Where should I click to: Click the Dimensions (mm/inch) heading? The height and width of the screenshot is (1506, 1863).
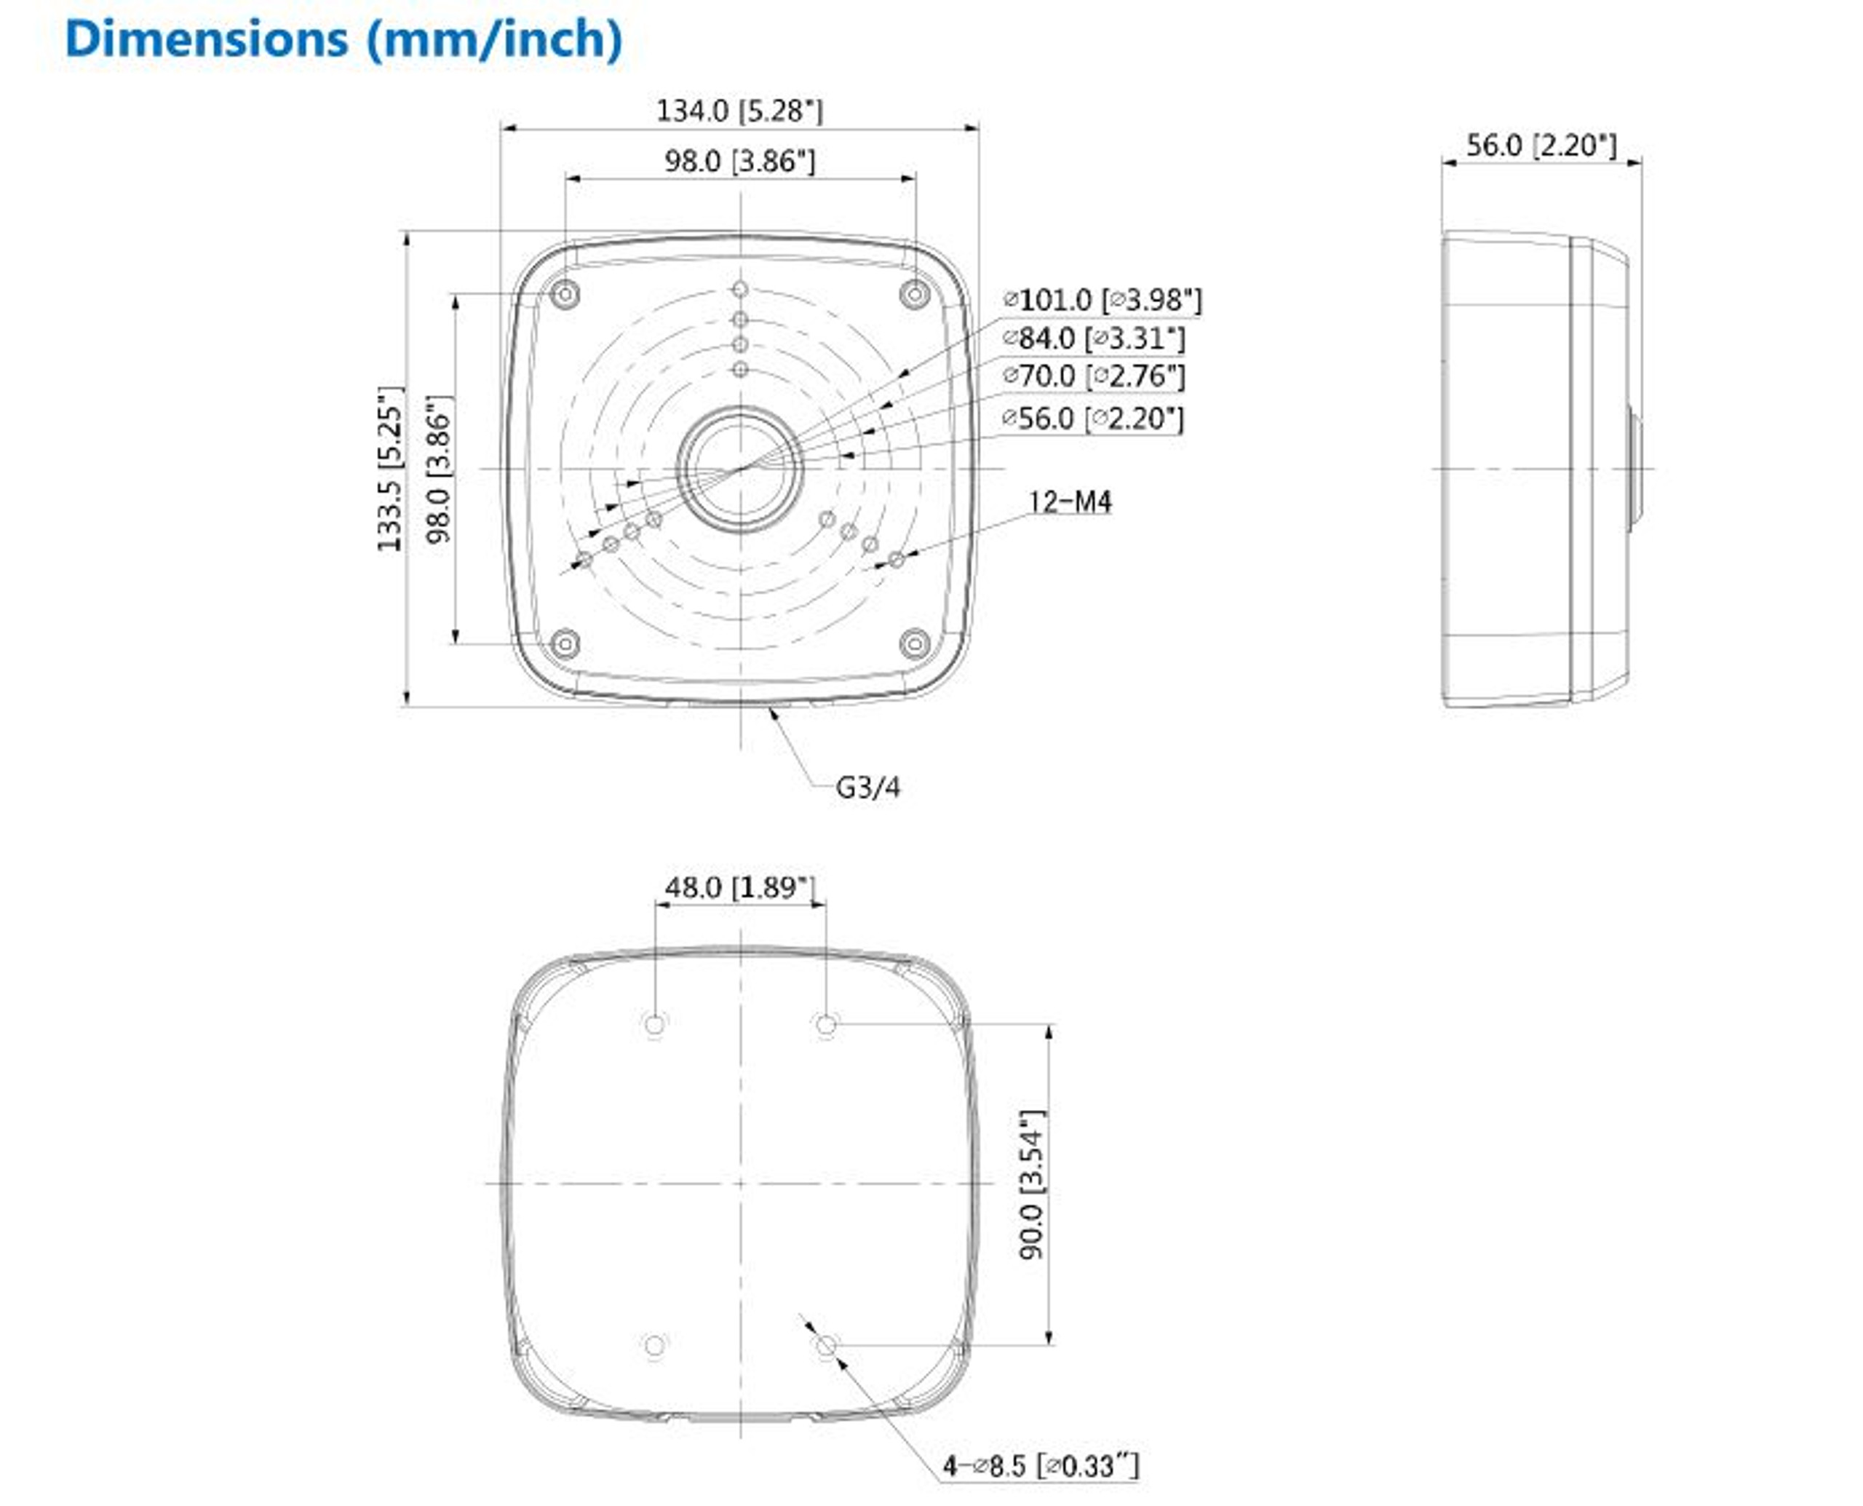click(x=343, y=40)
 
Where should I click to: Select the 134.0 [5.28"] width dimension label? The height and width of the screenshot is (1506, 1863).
click(x=739, y=111)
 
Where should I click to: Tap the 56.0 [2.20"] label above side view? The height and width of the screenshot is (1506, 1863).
click(x=1541, y=145)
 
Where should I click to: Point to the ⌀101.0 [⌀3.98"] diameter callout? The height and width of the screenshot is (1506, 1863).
click(x=1102, y=300)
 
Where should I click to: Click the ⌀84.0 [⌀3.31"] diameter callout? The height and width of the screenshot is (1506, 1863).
click(x=1093, y=338)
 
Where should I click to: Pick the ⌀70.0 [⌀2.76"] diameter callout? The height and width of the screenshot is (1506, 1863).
click(x=1093, y=376)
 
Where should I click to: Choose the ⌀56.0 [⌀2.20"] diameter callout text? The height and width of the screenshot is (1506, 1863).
click(x=1092, y=419)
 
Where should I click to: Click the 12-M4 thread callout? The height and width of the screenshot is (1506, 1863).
click(x=1069, y=502)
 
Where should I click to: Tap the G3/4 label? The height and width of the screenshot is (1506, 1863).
click(x=867, y=788)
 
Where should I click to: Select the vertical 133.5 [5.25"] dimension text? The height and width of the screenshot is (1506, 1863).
click(x=390, y=469)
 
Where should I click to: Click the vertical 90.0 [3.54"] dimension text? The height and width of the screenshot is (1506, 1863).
click(x=1032, y=1184)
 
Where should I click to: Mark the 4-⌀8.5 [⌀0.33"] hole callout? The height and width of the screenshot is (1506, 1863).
click(x=1040, y=1466)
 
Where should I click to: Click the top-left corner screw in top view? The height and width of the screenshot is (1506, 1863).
click(x=565, y=295)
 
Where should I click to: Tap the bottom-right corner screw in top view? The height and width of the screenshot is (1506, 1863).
click(x=914, y=643)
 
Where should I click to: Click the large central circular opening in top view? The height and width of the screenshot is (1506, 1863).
click(x=740, y=469)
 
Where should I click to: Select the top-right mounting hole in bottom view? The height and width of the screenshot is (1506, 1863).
click(x=826, y=1025)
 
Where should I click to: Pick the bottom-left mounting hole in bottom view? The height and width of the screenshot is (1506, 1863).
click(x=655, y=1346)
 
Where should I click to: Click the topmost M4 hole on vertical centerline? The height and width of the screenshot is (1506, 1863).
click(x=740, y=289)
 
